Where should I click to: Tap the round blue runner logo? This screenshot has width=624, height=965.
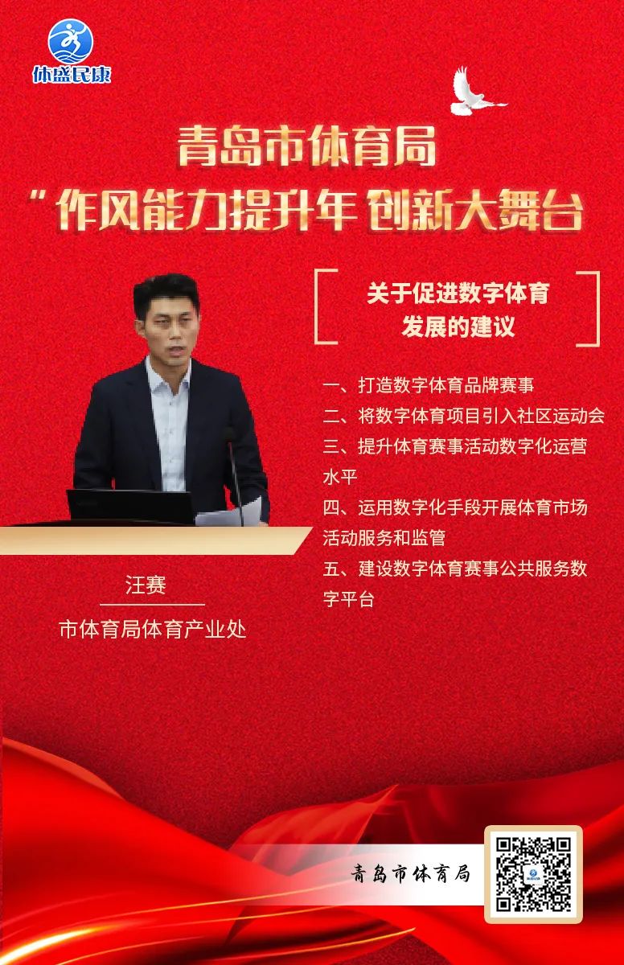71,41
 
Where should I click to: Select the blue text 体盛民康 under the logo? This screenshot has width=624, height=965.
72,75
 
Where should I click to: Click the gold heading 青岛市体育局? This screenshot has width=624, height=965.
306,146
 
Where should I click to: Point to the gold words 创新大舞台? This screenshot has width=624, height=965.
475,210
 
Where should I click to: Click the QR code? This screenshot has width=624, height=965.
534,874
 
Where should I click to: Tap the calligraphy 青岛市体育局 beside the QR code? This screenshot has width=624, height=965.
410,874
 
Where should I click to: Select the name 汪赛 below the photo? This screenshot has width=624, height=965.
146,585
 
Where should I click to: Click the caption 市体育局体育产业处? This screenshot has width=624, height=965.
153,630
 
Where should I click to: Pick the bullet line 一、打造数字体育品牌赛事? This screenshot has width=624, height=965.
429,385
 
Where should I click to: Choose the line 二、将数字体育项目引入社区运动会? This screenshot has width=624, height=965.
464,416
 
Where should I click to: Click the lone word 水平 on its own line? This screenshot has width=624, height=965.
340,477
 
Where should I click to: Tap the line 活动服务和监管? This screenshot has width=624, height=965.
384,538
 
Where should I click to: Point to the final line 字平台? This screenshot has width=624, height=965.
349,599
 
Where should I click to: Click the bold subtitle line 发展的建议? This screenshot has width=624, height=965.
458,327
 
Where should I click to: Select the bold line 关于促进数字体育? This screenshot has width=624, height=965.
458,293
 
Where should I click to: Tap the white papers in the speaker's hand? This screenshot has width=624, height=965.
229,513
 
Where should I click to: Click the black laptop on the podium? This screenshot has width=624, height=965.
131,506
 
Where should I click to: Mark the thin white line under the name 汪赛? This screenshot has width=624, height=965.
152,605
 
